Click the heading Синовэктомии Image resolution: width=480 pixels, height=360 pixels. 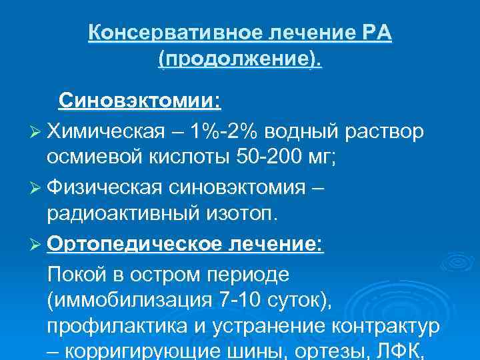[x=139, y=102]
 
